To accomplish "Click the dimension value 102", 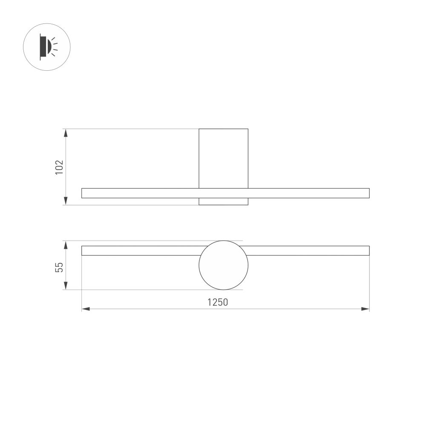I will (59, 167).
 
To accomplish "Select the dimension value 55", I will (60, 267).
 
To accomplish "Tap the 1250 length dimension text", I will (218, 302).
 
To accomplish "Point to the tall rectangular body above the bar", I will (223, 158).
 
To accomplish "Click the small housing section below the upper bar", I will (223, 201).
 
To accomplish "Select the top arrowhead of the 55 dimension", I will (66, 245).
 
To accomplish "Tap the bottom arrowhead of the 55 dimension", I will (66, 286).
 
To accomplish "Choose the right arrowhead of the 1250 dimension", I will (365, 309).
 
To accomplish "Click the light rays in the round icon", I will (55, 46).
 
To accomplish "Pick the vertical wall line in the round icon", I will (40, 46).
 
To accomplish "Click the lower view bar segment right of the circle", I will (307, 250).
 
